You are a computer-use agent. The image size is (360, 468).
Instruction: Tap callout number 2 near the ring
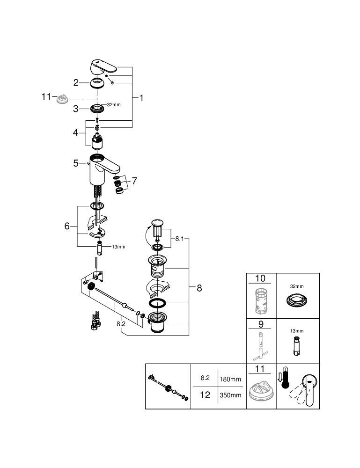click(x=76, y=83)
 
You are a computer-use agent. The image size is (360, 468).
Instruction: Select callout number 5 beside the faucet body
click(x=76, y=163)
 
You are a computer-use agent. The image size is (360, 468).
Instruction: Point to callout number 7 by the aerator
click(x=134, y=181)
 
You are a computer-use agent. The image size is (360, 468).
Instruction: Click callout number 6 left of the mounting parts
click(x=67, y=226)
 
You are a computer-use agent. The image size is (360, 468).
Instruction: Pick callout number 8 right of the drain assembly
click(x=199, y=288)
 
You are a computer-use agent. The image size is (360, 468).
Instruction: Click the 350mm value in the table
click(x=230, y=395)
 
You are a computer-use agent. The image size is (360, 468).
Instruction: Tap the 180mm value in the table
click(x=230, y=379)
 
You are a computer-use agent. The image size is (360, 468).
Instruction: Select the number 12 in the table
click(x=205, y=395)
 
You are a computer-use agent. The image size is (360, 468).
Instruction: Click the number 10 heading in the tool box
click(x=260, y=278)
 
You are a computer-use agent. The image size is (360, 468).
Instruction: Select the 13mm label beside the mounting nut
click(x=118, y=247)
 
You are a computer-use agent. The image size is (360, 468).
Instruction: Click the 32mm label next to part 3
click(x=114, y=105)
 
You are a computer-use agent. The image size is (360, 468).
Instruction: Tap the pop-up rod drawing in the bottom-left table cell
click(x=168, y=388)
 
